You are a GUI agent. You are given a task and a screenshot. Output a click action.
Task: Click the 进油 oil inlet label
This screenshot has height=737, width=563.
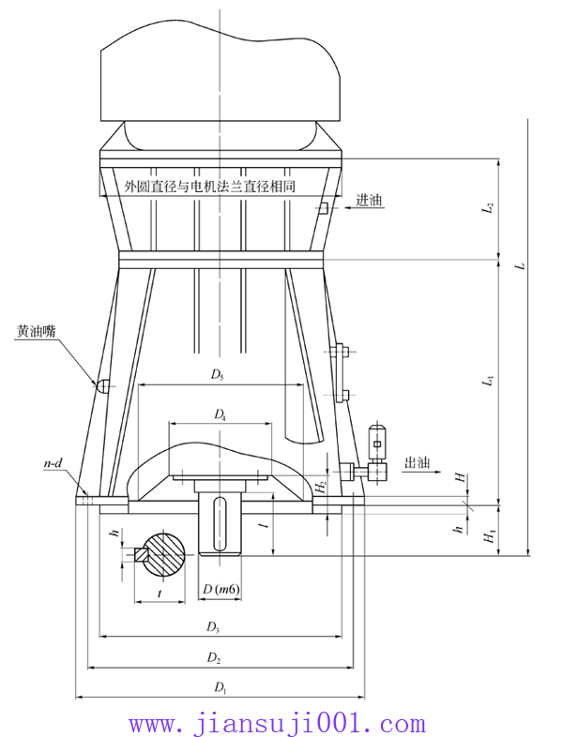pyautogui.click(x=370, y=200)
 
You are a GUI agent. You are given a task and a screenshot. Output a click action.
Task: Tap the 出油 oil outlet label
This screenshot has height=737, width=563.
pyautogui.click(x=416, y=462)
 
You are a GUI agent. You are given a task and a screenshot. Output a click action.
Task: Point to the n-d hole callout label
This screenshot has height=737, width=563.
pyautogui.click(x=54, y=464)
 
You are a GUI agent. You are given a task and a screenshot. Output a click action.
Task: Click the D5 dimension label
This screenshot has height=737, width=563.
pyautogui.click(x=218, y=375)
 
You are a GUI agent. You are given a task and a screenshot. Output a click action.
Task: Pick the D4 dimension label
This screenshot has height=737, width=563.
pyautogui.click(x=220, y=414)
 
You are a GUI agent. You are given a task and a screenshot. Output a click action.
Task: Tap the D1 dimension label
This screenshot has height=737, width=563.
pyautogui.click(x=220, y=688)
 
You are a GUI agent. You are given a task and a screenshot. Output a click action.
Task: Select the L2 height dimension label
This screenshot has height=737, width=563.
pyautogui.click(x=488, y=207)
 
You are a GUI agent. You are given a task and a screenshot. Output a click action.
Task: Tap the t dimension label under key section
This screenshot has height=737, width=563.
pyautogui.click(x=160, y=594)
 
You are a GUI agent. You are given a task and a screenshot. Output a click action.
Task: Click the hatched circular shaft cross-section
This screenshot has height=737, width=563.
pyautogui.click(x=166, y=555)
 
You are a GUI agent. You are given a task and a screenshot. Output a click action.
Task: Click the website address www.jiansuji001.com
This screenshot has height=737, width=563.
pyautogui.click(x=277, y=724)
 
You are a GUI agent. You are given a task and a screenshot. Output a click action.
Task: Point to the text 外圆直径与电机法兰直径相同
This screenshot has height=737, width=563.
pyautogui.click(x=210, y=187)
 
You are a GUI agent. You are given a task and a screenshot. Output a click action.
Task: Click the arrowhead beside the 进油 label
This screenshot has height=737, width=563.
pyautogui.click(x=332, y=208)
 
